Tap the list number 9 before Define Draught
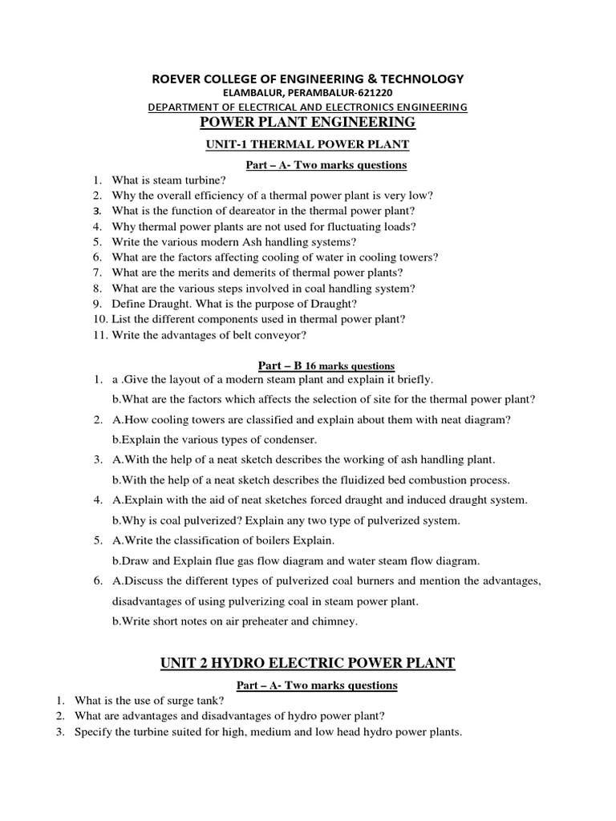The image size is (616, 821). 96,303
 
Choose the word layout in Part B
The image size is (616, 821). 176,379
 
